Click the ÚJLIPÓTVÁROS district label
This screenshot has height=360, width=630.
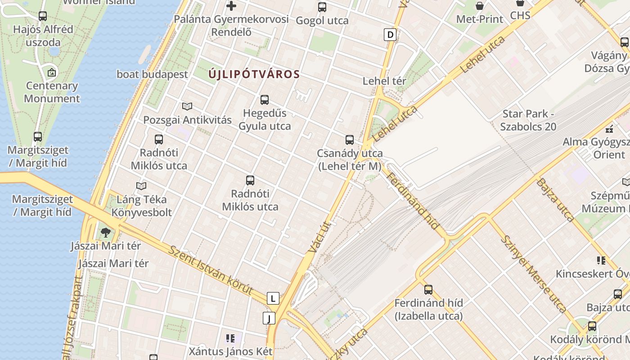[x=254, y=74]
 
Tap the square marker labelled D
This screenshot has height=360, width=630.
[x=390, y=35]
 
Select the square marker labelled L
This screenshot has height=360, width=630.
[x=273, y=298]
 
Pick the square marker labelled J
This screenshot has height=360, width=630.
[x=269, y=319]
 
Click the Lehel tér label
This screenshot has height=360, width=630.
[x=384, y=81]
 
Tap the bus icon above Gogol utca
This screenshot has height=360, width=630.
[x=322, y=7]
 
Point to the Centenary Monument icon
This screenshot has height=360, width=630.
[x=52, y=72]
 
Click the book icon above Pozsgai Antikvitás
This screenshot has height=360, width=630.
[x=187, y=107]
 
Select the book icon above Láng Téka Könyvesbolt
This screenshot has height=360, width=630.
[x=141, y=186]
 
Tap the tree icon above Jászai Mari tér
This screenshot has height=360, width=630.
[x=106, y=233]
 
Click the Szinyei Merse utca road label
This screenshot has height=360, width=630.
[x=533, y=274]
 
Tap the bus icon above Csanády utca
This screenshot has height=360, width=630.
[x=350, y=140]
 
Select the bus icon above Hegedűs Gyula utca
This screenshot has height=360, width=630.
[x=265, y=100]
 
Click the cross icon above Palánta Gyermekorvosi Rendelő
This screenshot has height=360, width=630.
[x=231, y=6]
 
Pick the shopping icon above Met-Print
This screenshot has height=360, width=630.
[x=480, y=6]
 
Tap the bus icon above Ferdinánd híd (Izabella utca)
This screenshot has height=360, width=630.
[x=428, y=290]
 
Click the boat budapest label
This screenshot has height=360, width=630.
[x=152, y=74]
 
